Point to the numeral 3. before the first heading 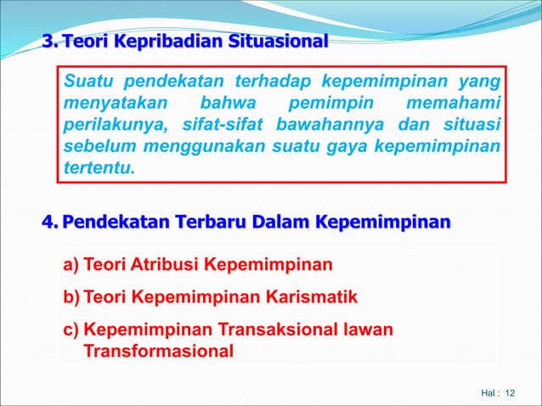[x=51, y=41]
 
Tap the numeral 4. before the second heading [x=51, y=223]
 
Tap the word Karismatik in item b [x=312, y=297]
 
